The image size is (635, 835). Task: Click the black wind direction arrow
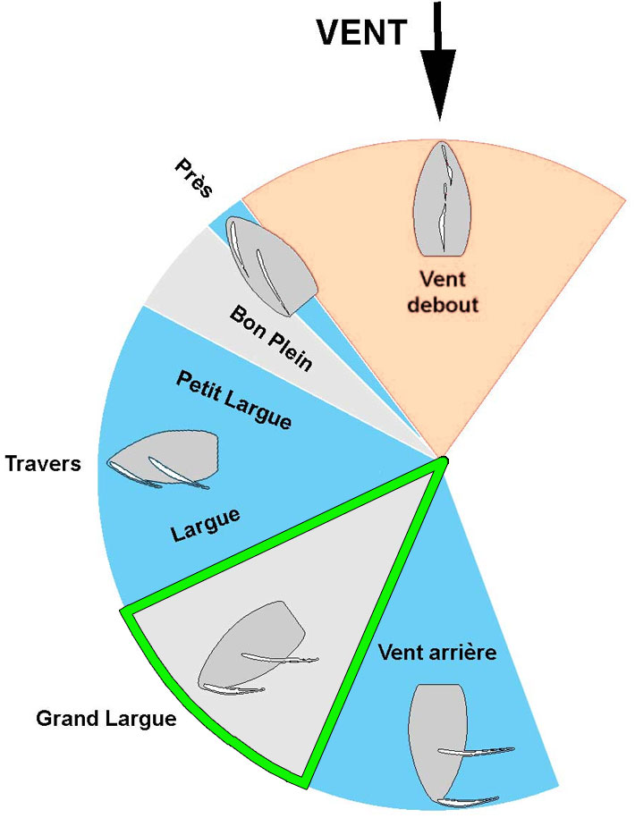(x=439, y=63)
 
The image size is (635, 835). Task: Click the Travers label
(x=43, y=465)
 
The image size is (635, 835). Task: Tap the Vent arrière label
(x=437, y=652)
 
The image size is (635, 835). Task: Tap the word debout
(x=443, y=305)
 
